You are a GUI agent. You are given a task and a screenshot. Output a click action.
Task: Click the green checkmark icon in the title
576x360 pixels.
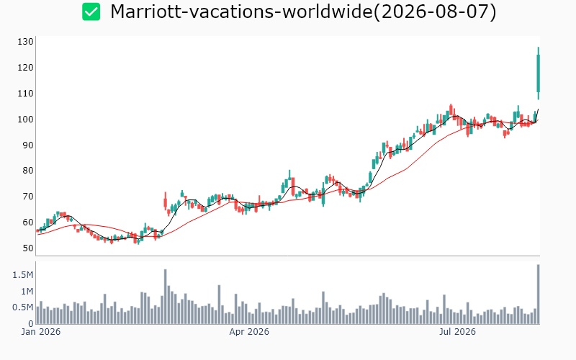tap(91, 12)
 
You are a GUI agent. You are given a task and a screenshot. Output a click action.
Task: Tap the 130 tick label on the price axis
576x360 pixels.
tap(25, 42)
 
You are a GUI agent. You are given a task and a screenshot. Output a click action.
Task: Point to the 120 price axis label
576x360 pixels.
tap(25, 68)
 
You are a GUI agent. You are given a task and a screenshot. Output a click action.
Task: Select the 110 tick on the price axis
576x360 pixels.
tap(25, 94)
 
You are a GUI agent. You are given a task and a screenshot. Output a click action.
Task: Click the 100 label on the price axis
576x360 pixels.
tap(25, 120)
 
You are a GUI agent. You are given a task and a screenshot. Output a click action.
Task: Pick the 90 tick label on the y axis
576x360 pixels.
tap(28, 145)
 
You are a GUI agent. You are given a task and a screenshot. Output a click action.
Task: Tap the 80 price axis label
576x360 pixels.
tap(28, 171)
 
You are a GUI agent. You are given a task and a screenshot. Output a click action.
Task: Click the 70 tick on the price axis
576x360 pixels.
tap(28, 196)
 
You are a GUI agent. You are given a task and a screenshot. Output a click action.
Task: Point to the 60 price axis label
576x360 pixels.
tap(28, 222)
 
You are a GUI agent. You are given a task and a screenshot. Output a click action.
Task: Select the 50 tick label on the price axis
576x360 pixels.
tap(28, 248)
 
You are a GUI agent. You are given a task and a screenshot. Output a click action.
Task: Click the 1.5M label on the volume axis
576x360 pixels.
tap(23, 275)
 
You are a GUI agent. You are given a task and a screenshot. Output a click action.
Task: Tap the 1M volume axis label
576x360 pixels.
tap(27, 292)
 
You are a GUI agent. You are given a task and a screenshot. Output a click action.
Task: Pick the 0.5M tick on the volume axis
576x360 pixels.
tap(23, 307)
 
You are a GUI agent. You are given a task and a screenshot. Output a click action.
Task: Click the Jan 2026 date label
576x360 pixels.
tap(41, 332)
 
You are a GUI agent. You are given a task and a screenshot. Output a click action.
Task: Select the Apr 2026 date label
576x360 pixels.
tap(249, 332)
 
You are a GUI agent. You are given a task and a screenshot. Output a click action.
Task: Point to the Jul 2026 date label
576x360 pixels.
tap(457, 332)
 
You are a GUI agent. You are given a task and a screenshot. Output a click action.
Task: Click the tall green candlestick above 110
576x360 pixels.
tap(538, 73)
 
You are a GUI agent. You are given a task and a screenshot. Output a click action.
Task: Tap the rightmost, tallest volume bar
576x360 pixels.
tap(538, 294)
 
